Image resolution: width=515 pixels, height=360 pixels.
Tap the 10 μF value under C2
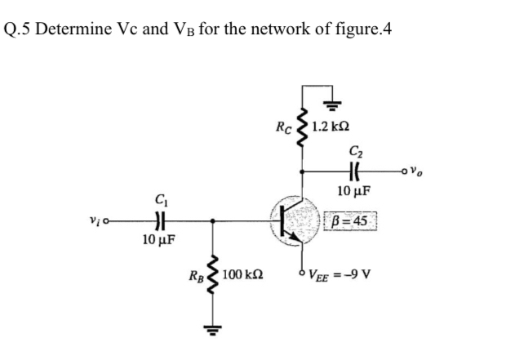(353, 193)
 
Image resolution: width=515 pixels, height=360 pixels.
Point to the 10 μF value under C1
(157, 241)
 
